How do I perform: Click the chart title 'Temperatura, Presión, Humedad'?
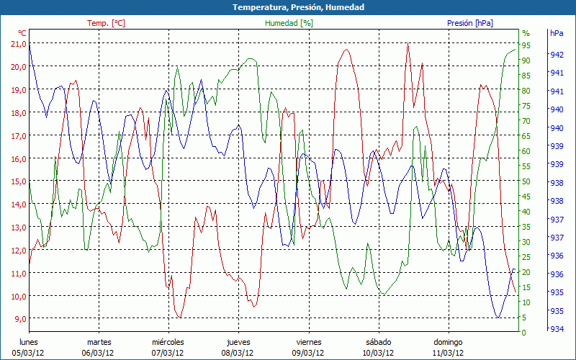288,7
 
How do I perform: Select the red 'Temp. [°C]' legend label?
106,23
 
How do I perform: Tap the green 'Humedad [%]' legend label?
289,23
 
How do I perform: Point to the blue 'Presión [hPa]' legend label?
469,23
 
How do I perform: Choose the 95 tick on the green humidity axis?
526,45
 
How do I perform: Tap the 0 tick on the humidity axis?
524,333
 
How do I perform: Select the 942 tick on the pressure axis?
557,55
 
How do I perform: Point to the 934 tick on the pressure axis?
557,330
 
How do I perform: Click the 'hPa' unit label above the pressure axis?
557,33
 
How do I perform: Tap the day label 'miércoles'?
168,342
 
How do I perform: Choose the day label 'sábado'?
378,342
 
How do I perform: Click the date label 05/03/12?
29,353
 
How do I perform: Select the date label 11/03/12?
448,353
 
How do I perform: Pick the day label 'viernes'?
308,342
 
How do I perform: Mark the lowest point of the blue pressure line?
498,317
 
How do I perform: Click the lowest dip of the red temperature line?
180,317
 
